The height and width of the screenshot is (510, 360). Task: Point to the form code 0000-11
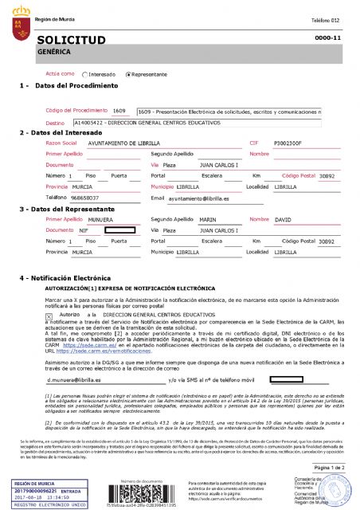pyautogui.click(x=328, y=37)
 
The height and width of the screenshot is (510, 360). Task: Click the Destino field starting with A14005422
pyautogui.click(x=119, y=124)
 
